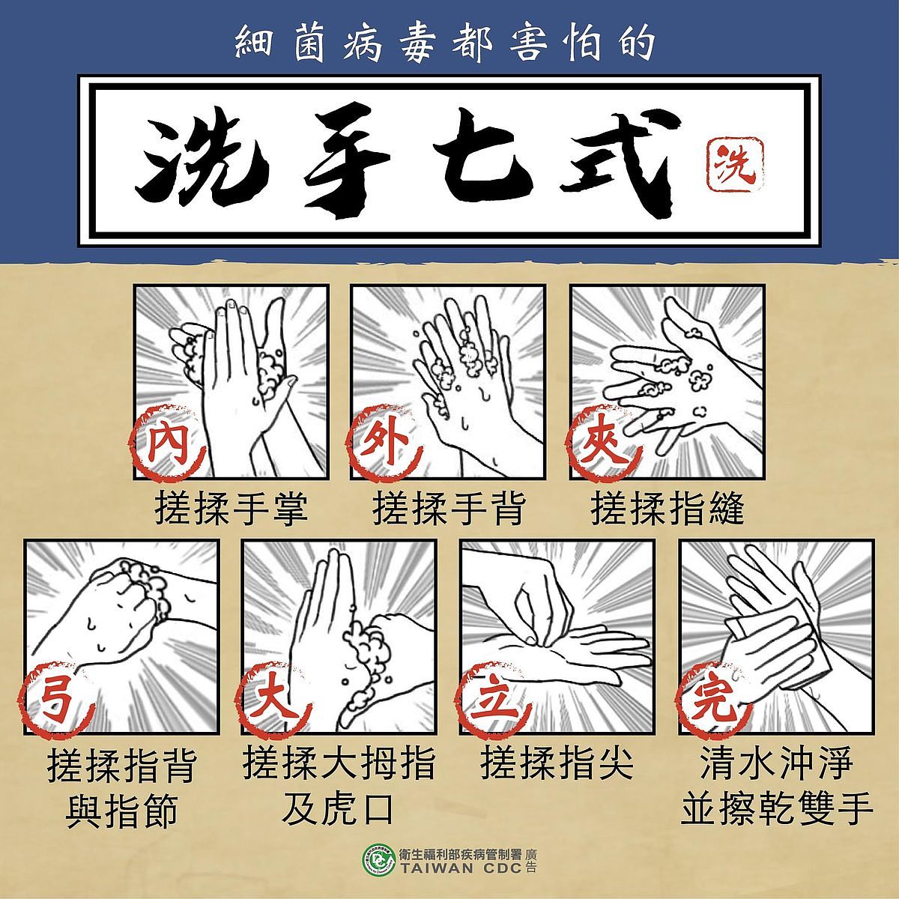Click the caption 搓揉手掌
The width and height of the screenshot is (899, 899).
(x=231, y=508)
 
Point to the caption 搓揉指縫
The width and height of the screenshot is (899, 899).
(x=668, y=508)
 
